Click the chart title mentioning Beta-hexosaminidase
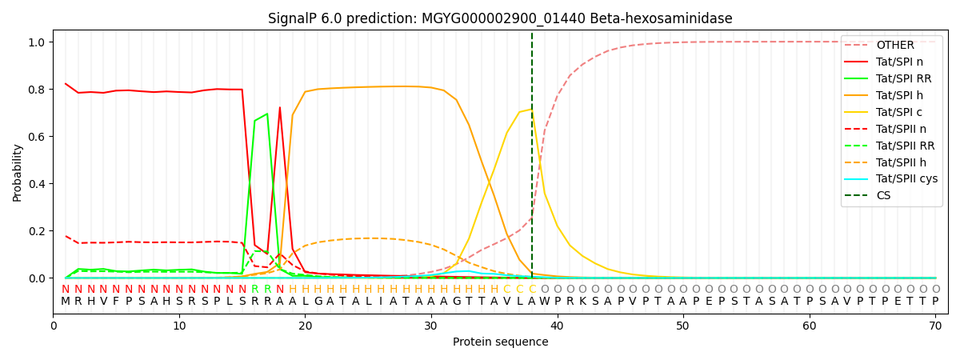500,18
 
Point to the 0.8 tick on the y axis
38,90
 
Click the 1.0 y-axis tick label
38,42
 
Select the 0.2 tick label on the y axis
38,231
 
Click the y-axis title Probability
18,172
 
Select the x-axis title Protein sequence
500,342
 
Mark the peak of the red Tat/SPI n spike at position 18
279,107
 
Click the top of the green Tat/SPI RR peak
267,114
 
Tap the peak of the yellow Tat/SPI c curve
531,110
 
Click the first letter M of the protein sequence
66,302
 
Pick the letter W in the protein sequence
544,302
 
